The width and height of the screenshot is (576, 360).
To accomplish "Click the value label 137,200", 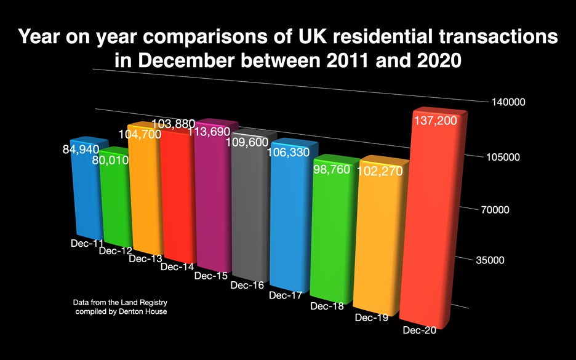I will (435, 121).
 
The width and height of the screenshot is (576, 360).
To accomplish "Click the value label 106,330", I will (289, 153).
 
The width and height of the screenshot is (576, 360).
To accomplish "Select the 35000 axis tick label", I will (490, 260).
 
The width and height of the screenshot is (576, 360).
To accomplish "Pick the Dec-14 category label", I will (177, 267).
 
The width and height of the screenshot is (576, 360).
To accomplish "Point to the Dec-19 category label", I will (372, 318).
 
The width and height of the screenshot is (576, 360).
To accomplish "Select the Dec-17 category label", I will (286, 295).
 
